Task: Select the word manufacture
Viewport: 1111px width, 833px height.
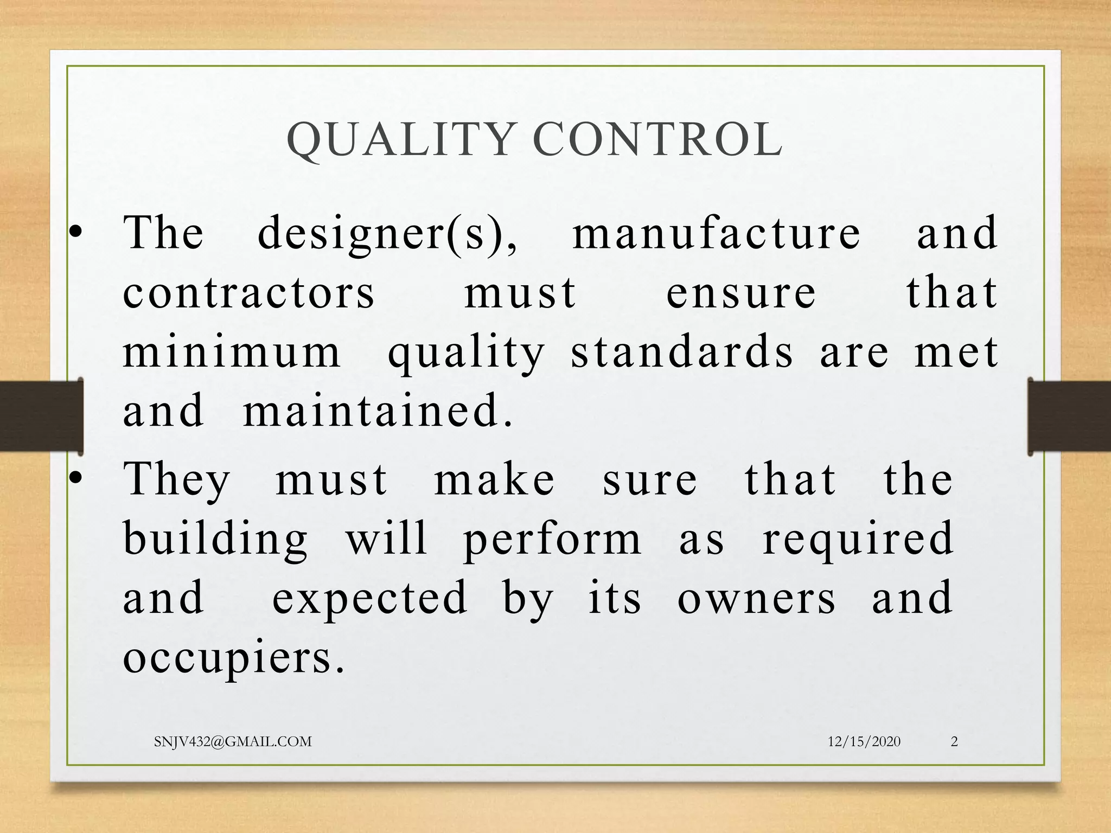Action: [x=717, y=233]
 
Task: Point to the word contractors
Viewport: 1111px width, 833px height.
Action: [x=249, y=293]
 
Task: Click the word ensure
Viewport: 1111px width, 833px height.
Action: [x=741, y=293]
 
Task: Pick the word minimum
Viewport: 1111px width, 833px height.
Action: [x=232, y=353]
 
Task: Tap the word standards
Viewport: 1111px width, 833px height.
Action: [x=682, y=353]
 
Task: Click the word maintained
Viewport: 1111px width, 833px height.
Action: [x=378, y=411]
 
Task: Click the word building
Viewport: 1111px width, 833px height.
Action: [x=216, y=539]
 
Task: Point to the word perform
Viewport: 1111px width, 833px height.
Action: [x=552, y=539]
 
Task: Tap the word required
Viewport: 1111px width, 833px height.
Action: [x=858, y=539]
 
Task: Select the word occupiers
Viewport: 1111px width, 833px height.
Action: [x=234, y=658]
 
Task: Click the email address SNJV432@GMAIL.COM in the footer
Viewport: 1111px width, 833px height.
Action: [x=233, y=742]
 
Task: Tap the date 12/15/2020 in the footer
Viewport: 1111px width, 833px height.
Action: [x=864, y=742]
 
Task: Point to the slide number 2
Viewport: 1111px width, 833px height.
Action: [x=954, y=742]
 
